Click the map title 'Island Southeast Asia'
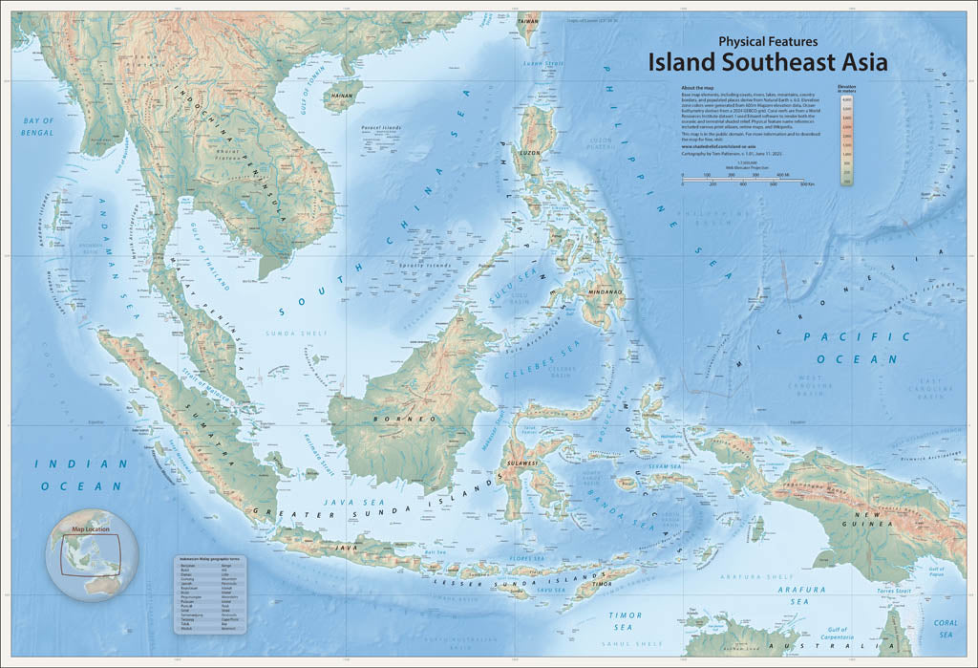click(x=768, y=62)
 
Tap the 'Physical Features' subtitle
click(x=768, y=41)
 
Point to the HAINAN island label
click(x=341, y=96)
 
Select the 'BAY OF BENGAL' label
click(x=39, y=127)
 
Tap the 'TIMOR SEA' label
click(x=623, y=621)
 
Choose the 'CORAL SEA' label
click(x=946, y=628)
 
